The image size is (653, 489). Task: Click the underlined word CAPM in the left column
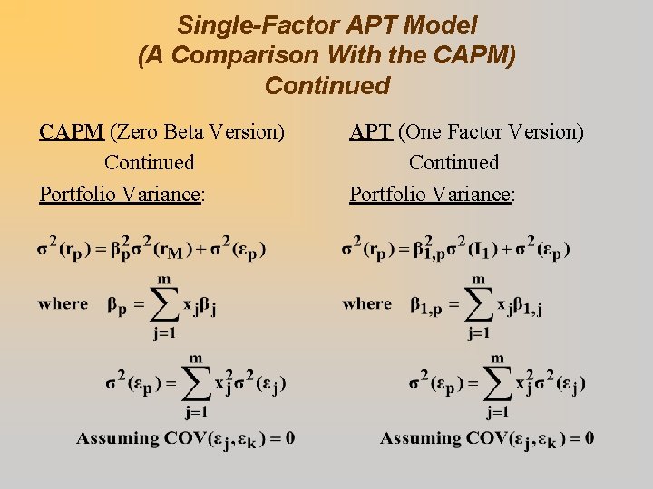(x=72, y=132)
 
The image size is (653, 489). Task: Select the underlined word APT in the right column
(x=371, y=132)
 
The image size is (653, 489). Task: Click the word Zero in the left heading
(x=132, y=132)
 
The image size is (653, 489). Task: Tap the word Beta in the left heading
(x=180, y=132)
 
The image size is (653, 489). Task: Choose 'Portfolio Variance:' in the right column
(x=433, y=194)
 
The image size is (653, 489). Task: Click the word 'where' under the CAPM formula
(x=63, y=304)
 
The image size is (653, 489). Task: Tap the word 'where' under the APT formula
(x=367, y=304)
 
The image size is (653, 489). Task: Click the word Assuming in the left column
(x=117, y=438)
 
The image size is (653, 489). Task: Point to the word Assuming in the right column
(x=421, y=438)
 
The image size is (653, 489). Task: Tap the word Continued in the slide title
(x=327, y=86)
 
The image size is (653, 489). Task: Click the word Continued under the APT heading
(x=453, y=163)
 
